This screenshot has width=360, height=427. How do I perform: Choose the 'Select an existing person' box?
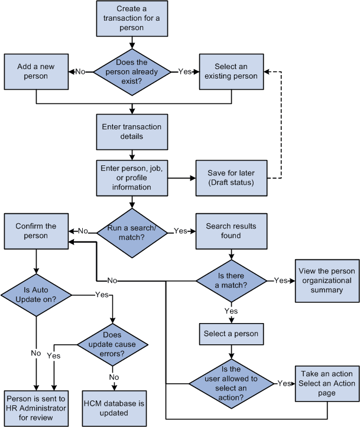231,71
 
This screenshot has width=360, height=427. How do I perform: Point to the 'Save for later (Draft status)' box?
231,177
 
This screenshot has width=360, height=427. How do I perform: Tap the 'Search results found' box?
231,231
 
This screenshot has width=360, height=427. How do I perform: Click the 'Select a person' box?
231,334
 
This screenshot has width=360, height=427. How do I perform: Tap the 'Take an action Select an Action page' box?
326,383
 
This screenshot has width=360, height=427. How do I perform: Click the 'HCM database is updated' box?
113,408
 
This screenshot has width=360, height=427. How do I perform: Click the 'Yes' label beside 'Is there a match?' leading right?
281,280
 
